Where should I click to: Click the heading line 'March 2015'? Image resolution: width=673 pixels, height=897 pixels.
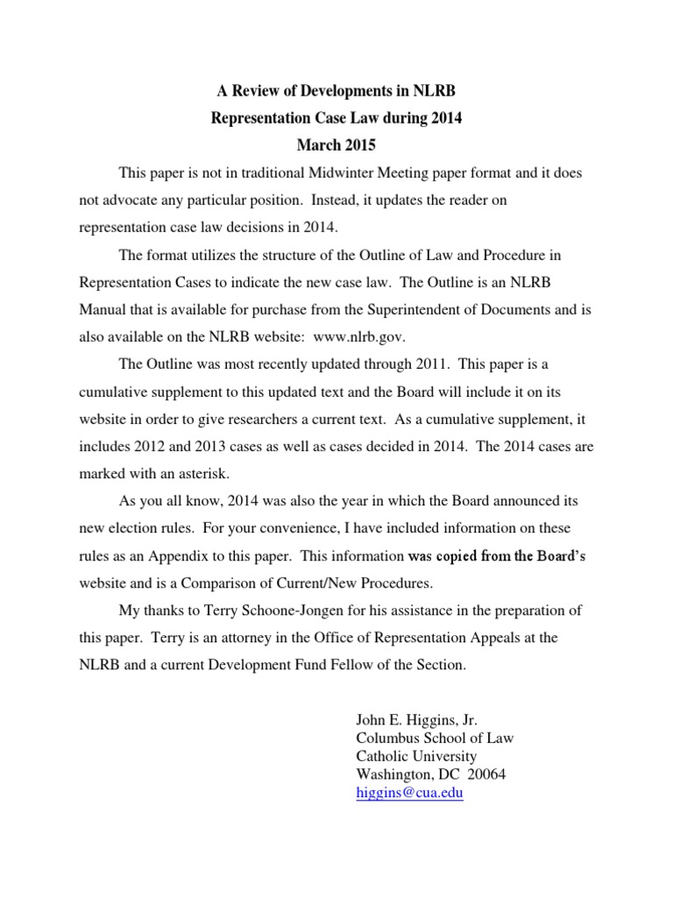point(336,141)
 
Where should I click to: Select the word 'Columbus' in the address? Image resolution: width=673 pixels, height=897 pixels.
point(386,738)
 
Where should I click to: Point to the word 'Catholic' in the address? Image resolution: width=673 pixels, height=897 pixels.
point(382,756)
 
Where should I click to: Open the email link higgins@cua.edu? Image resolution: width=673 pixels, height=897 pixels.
point(408,794)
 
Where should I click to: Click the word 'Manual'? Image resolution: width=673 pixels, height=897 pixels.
point(103,309)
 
